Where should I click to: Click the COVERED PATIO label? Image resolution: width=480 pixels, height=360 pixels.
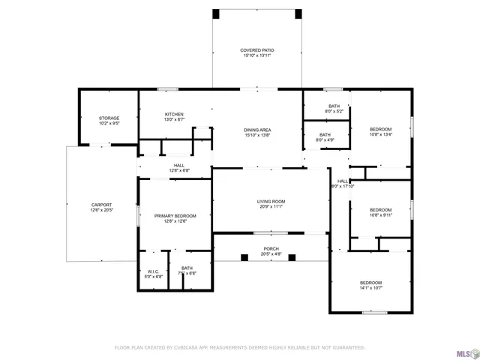tap(256, 50)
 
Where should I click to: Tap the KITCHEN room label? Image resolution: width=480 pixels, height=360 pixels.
tap(174, 115)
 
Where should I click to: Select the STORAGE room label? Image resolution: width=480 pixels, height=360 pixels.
tap(109, 118)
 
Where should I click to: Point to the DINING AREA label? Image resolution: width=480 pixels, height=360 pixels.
tap(256, 130)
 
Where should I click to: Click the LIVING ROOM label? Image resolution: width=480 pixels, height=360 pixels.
tap(271, 201)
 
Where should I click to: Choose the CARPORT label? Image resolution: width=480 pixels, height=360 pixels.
tap(101, 205)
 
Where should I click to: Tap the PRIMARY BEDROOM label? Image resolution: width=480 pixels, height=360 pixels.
tap(175, 216)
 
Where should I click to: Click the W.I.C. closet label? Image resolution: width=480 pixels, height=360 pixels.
tap(153, 271)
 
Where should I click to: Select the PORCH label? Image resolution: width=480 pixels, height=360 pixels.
tap(271, 249)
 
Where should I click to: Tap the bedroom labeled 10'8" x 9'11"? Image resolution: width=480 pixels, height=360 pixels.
tap(380, 210)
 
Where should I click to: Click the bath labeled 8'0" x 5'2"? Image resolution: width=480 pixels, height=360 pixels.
tap(334, 106)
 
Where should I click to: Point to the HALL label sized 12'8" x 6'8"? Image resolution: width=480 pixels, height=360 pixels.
tap(179, 166)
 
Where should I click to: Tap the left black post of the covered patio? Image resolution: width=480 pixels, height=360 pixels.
tap(216, 14)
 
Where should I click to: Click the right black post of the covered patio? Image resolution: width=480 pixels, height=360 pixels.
tap(298, 14)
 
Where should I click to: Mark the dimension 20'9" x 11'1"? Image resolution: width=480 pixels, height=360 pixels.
tap(271, 206)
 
